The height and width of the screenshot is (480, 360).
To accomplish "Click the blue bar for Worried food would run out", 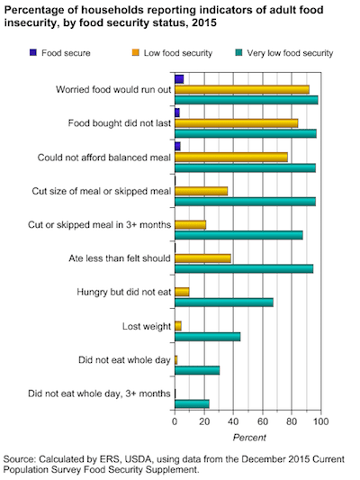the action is tap(179, 79).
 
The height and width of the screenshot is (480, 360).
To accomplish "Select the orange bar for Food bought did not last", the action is tap(237, 123).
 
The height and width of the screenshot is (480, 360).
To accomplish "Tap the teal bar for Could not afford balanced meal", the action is tap(246, 168).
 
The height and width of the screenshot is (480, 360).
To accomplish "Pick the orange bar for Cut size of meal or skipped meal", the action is tap(202, 191).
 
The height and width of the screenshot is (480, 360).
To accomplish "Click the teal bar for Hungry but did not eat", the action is tap(224, 303).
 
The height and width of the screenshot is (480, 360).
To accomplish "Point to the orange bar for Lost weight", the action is tap(178, 326).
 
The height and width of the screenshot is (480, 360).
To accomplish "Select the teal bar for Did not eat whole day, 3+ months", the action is tap(192, 403).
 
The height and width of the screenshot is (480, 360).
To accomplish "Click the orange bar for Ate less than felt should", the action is tap(202, 258).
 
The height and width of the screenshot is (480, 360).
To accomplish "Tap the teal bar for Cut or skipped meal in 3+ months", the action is tap(238, 235).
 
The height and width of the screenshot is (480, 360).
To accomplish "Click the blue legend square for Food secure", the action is tap(33, 52).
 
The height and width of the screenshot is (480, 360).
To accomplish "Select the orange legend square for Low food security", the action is tap(136, 52).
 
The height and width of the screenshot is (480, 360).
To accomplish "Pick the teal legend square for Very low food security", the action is tap(238, 52).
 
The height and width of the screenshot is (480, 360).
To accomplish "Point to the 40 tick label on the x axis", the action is tap(233, 421).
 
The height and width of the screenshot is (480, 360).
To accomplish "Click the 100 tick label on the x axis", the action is tap(320, 421).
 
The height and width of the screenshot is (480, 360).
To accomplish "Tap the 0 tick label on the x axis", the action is tap(175, 421).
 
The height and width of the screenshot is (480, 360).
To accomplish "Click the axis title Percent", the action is tap(249, 438).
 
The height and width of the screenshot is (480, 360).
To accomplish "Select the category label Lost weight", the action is tap(147, 326).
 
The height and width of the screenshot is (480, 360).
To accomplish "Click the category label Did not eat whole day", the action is tap(124, 360).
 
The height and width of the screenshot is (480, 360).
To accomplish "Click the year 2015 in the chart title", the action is tap(204, 23).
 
